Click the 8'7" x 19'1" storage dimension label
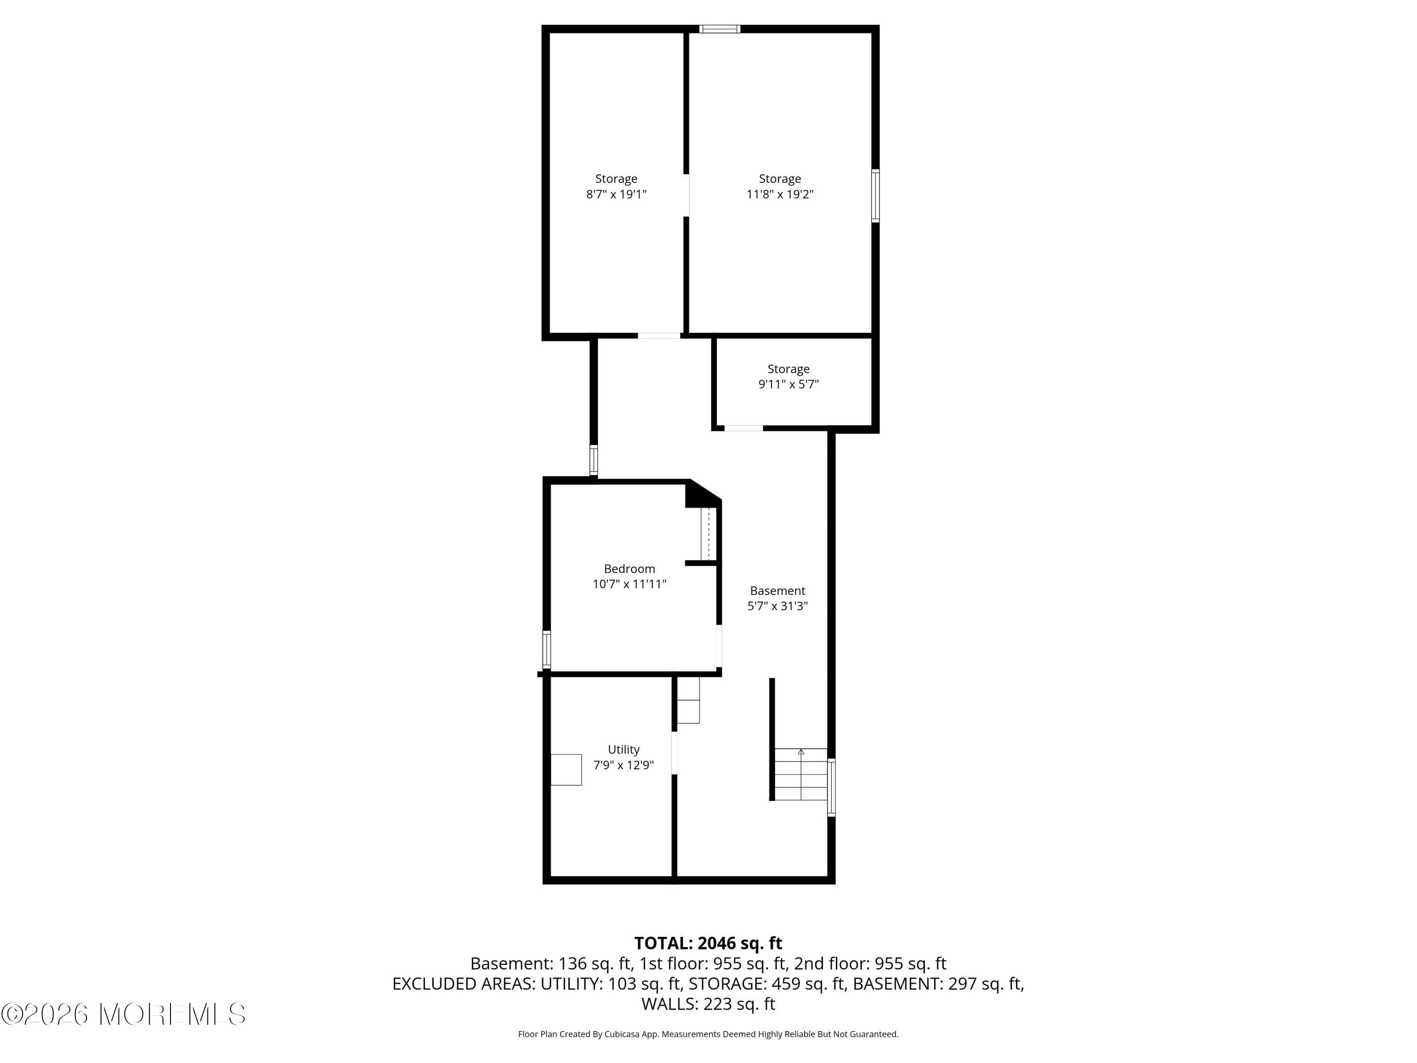tap(616, 194)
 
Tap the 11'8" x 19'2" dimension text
tap(780, 194)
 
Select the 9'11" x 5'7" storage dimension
tap(789, 385)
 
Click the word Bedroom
tap(629, 568)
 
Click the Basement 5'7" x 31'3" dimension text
tap(777, 606)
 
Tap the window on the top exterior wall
tap(719, 29)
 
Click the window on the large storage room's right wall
tap(875, 196)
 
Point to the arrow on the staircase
tap(801, 752)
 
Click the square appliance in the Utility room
tap(566, 770)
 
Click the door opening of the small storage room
tap(744, 428)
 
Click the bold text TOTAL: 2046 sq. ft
tap(708, 943)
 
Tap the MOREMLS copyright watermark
tap(124, 1014)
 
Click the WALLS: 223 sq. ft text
tap(708, 1004)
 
